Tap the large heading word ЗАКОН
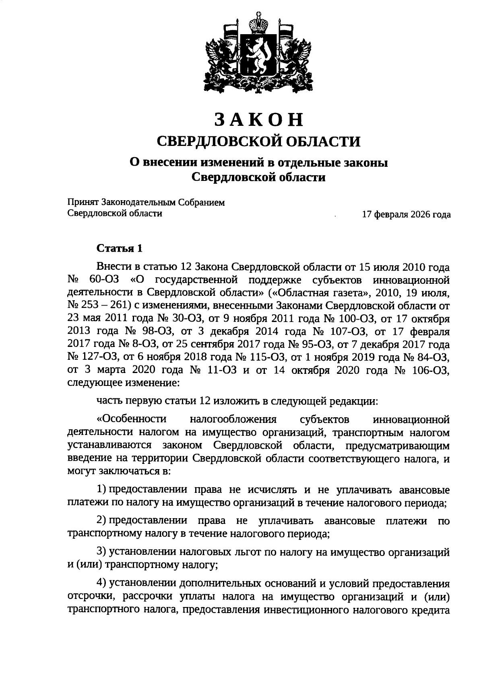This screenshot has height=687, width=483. pyautogui.click(x=258, y=119)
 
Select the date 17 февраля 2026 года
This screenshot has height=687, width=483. pyautogui.click(x=406, y=215)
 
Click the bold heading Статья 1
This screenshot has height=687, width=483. pyautogui.click(x=120, y=249)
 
